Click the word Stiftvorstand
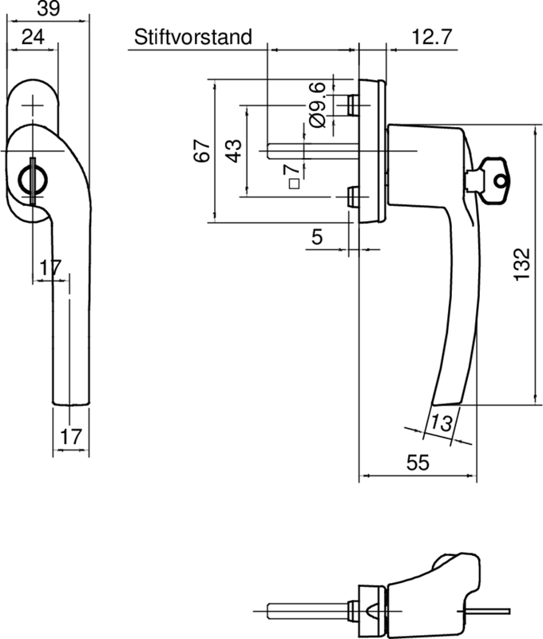point(193,37)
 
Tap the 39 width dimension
point(46,8)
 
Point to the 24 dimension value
point(33,37)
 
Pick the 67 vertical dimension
point(203,150)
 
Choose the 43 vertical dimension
point(233,150)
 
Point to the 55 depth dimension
point(418,463)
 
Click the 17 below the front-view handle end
point(70,437)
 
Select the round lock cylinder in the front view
point(32,177)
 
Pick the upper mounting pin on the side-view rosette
point(352,104)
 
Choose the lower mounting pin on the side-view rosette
point(352,196)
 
